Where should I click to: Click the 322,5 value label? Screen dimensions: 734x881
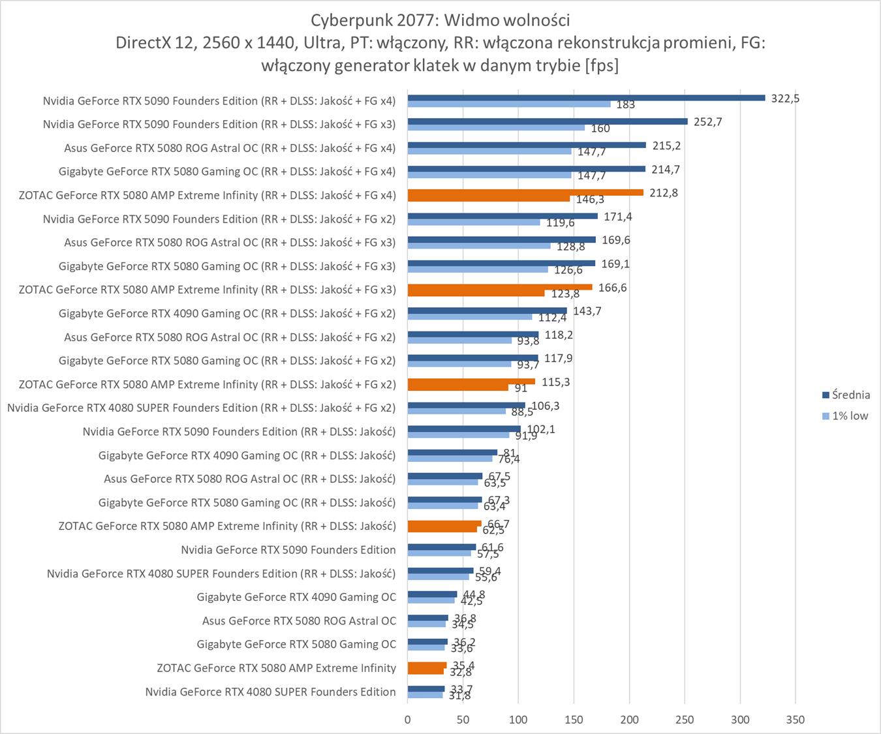coord(785,99)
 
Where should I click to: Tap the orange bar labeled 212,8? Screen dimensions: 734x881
coord(525,192)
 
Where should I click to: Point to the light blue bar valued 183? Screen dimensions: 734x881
coord(508,104)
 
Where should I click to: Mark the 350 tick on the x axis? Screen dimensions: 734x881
coord(796,720)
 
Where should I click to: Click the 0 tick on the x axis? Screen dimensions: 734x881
coord(408,720)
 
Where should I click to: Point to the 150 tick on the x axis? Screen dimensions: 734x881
coord(574,720)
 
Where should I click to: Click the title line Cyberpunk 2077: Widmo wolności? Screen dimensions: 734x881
coord(440,20)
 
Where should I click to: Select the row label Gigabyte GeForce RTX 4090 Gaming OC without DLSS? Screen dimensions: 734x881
coord(296,597)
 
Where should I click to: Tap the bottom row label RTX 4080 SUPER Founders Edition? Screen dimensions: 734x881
coord(270,692)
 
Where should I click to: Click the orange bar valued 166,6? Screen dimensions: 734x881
coord(499,287)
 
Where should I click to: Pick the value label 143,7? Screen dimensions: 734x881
coord(587,311)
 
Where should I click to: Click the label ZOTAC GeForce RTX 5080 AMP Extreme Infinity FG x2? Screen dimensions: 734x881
coord(207,384)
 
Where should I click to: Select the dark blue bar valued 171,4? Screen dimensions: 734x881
coord(502,216)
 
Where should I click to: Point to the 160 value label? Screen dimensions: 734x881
coord(600,129)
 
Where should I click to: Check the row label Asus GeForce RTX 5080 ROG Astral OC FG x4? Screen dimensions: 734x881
coord(230,148)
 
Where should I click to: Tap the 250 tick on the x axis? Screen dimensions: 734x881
coord(685,720)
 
